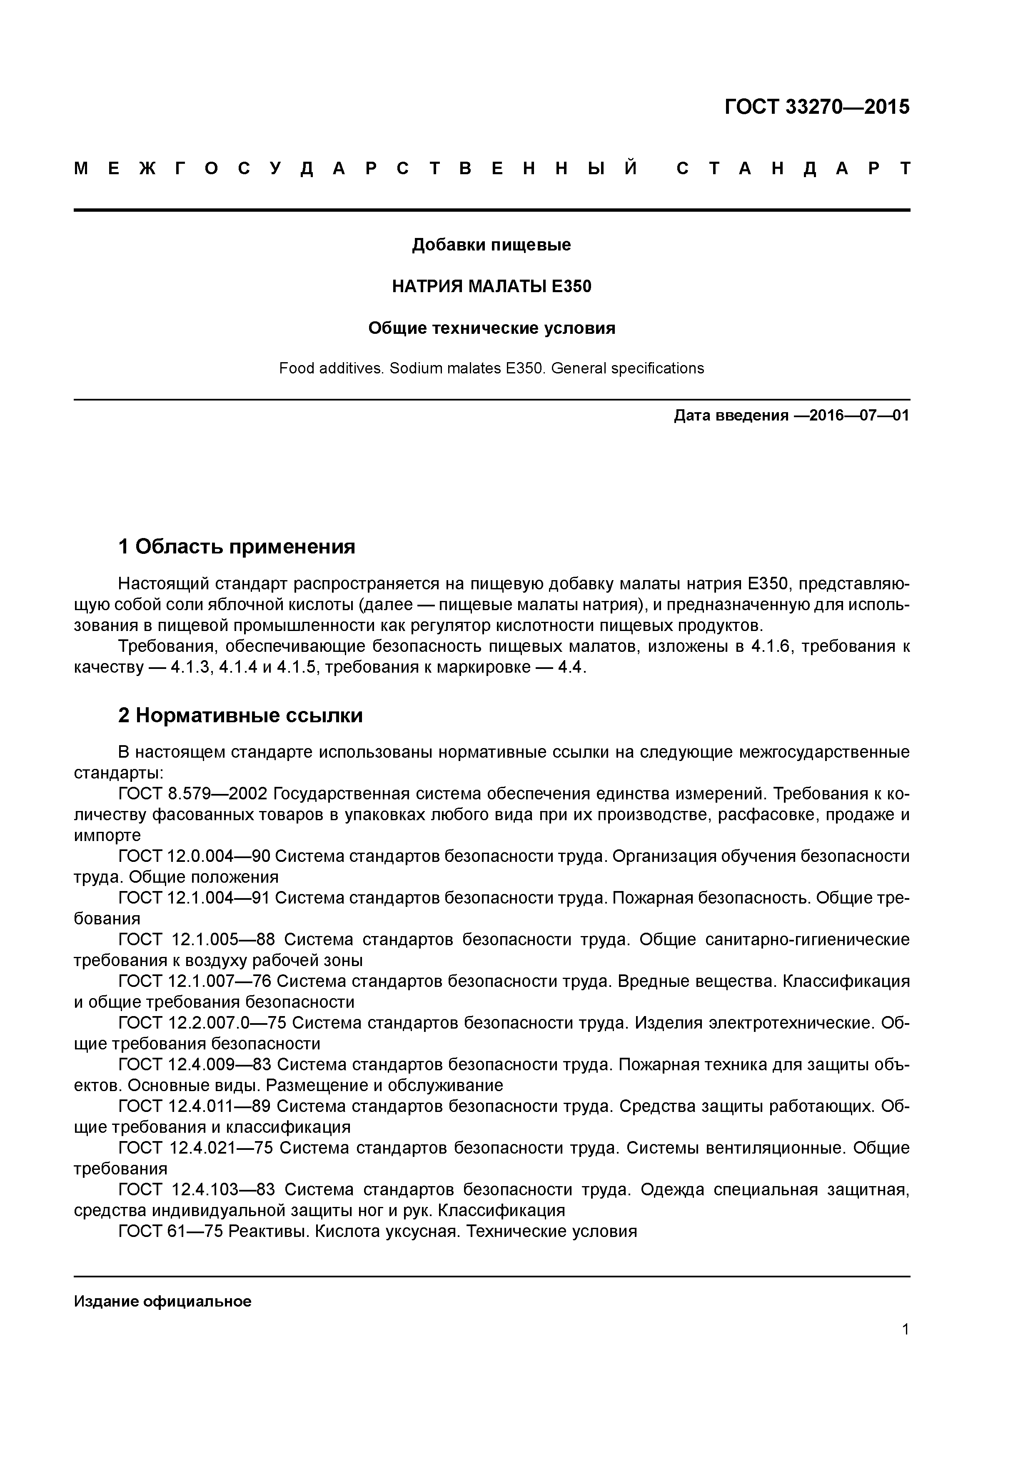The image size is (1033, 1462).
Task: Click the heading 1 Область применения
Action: (x=236, y=546)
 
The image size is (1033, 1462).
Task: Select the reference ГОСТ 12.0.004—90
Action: (x=194, y=856)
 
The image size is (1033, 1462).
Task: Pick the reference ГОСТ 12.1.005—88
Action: (x=197, y=939)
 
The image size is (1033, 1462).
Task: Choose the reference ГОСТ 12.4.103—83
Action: (x=197, y=1189)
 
